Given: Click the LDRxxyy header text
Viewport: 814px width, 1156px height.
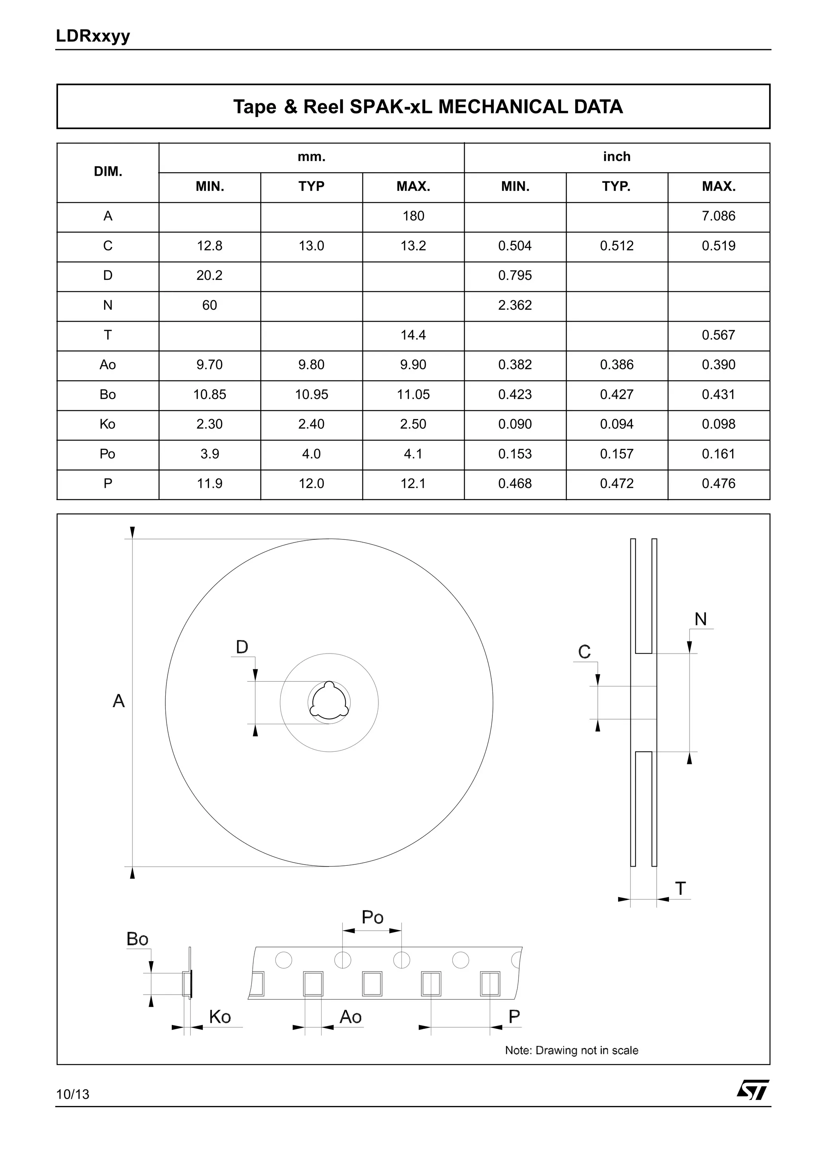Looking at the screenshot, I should pyautogui.click(x=93, y=36).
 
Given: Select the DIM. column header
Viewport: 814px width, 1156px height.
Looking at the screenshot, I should pyautogui.click(x=108, y=172).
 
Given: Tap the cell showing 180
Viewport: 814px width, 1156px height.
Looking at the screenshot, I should pyautogui.click(x=413, y=216).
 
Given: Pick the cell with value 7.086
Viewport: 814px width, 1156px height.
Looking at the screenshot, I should pyautogui.click(x=718, y=216).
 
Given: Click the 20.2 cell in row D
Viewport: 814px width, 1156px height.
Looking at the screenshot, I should pyautogui.click(x=209, y=275).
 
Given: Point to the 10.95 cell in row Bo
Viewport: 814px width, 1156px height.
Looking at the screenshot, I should pyautogui.click(x=311, y=394).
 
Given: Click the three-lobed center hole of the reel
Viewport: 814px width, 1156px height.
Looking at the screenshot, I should pyautogui.click(x=329, y=702).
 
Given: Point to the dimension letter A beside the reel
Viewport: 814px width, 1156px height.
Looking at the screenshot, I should pyautogui.click(x=118, y=701).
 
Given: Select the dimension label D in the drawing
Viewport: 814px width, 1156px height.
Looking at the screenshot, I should pyautogui.click(x=242, y=647).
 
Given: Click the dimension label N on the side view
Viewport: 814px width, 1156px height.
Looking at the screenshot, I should pyautogui.click(x=700, y=619).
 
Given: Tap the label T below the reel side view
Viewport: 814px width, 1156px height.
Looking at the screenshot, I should pyautogui.click(x=680, y=888).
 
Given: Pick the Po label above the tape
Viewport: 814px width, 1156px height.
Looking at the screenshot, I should pyautogui.click(x=372, y=917).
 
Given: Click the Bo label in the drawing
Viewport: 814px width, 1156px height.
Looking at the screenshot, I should pyautogui.click(x=137, y=939).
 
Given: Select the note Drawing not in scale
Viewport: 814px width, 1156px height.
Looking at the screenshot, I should pyautogui.click(x=572, y=1050).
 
